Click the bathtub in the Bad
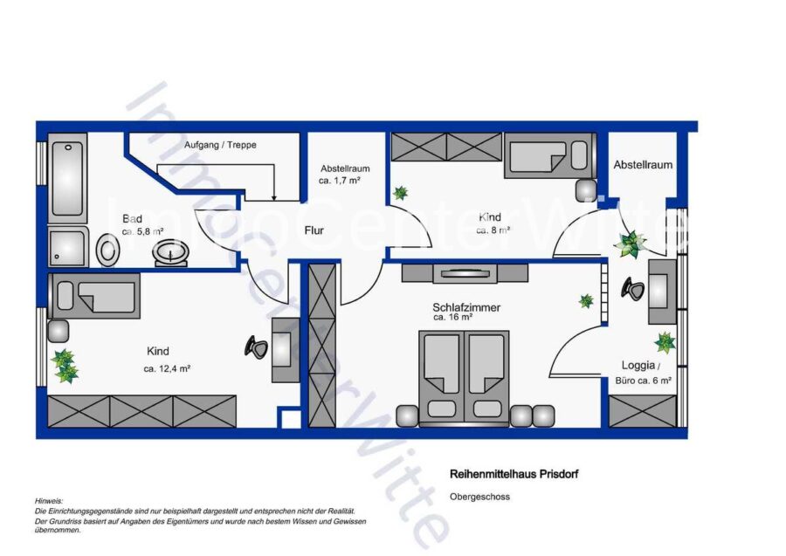click(67, 178)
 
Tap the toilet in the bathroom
click(108, 250)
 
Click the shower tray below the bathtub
click(68, 247)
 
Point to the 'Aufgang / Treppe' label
click(220, 145)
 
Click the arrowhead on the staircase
click(273, 197)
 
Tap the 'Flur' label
click(314, 230)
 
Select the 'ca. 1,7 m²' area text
click(340, 181)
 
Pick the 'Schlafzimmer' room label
click(466, 307)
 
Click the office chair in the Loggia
click(633, 289)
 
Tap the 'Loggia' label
click(638, 365)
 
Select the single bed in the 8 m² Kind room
click(550, 155)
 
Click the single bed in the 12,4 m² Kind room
click(93, 296)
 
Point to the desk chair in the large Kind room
click(256, 347)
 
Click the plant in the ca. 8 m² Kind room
click(400, 193)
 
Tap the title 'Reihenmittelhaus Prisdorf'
click(514, 474)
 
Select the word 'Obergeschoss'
click(479, 497)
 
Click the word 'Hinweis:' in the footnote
click(49, 501)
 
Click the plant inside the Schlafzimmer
click(586, 301)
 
